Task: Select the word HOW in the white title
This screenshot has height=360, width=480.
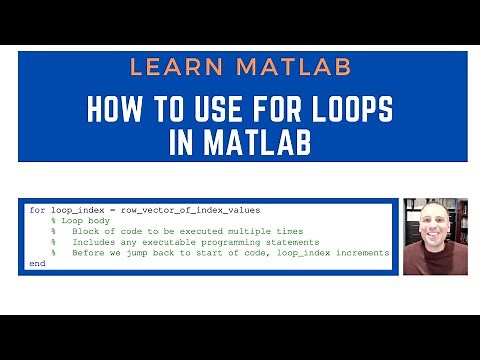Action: (x=114, y=108)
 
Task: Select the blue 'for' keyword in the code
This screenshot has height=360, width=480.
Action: (x=37, y=210)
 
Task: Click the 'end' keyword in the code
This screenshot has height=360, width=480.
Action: (x=37, y=264)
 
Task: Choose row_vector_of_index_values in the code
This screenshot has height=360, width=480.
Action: (x=189, y=210)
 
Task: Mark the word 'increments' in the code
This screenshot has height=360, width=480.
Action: (x=363, y=253)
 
